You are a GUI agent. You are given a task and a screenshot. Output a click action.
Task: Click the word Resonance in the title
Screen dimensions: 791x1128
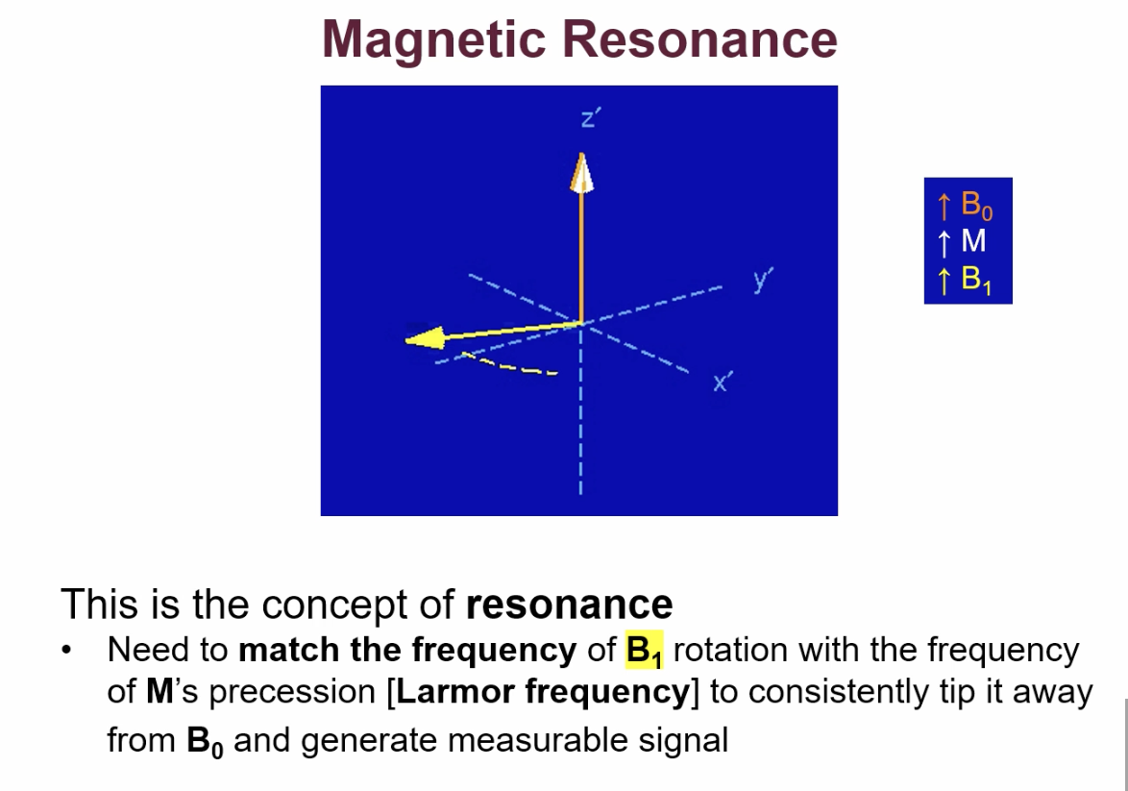(x=699, y=39)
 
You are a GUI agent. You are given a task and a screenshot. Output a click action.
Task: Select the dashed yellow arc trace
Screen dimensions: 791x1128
(x=509, y=364)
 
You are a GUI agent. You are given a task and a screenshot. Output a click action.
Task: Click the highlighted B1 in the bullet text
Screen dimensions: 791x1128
(x=645, y=652)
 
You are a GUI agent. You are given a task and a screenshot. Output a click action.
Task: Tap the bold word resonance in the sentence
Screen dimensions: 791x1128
(x=569, y=605)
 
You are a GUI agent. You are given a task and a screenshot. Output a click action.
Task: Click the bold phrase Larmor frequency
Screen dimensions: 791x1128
(x=543, y=693)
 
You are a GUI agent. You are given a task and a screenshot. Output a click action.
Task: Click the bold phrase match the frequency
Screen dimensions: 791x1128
(x=406, y=651)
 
